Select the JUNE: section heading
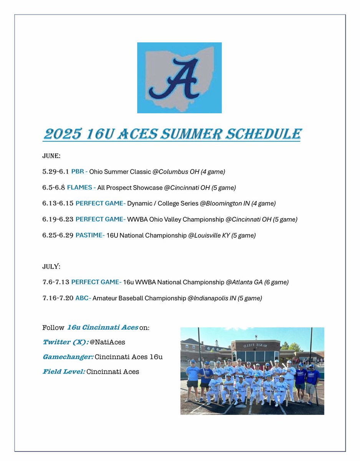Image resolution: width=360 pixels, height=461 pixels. click(50, 157)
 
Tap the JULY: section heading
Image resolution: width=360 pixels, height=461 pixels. click(50, 267)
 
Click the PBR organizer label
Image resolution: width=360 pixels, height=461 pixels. click(80, 172)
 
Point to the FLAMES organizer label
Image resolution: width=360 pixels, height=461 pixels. click(81, 188)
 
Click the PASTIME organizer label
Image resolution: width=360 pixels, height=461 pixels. click(90, 235)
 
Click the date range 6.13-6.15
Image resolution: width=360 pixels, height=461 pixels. click(58, 203)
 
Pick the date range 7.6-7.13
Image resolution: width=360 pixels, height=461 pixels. click(56, 282)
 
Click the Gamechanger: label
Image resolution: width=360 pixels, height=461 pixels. click(68, 357)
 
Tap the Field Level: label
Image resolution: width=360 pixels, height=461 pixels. click(63, 371)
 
